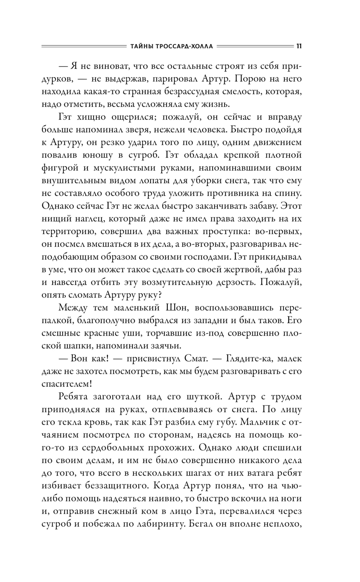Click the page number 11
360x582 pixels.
[299, 46]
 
